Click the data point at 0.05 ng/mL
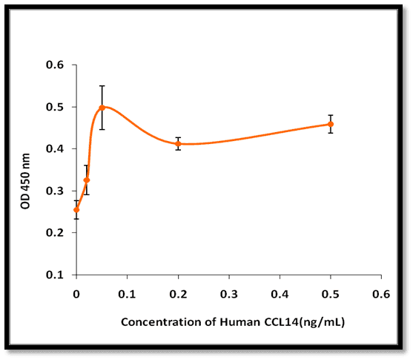(x=102, y=108)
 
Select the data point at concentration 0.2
(x=178, y=144)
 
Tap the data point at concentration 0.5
(x=331, y=124)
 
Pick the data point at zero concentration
(x=76, y=210)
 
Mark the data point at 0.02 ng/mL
(x=87, y=180)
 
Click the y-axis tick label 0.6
(x=55, y=65)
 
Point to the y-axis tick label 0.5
(x=55, y=107)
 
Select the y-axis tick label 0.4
(x=55, y=149)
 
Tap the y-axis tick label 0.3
(x=55, y=191)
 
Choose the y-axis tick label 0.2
(x=55, y=233)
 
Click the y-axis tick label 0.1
(x=55, y=275)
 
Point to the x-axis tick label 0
(x=76, y=294)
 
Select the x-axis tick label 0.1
(x=127, y=294)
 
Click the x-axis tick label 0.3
(x=229, y=294)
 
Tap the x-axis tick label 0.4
(x=280, y=294)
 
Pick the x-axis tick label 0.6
(x=381, y=294)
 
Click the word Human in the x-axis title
(x=240, y=322)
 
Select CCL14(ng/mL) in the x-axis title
(x=304, y=323)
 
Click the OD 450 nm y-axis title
(x=25, y=181)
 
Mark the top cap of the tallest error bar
(x=102, y=86)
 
